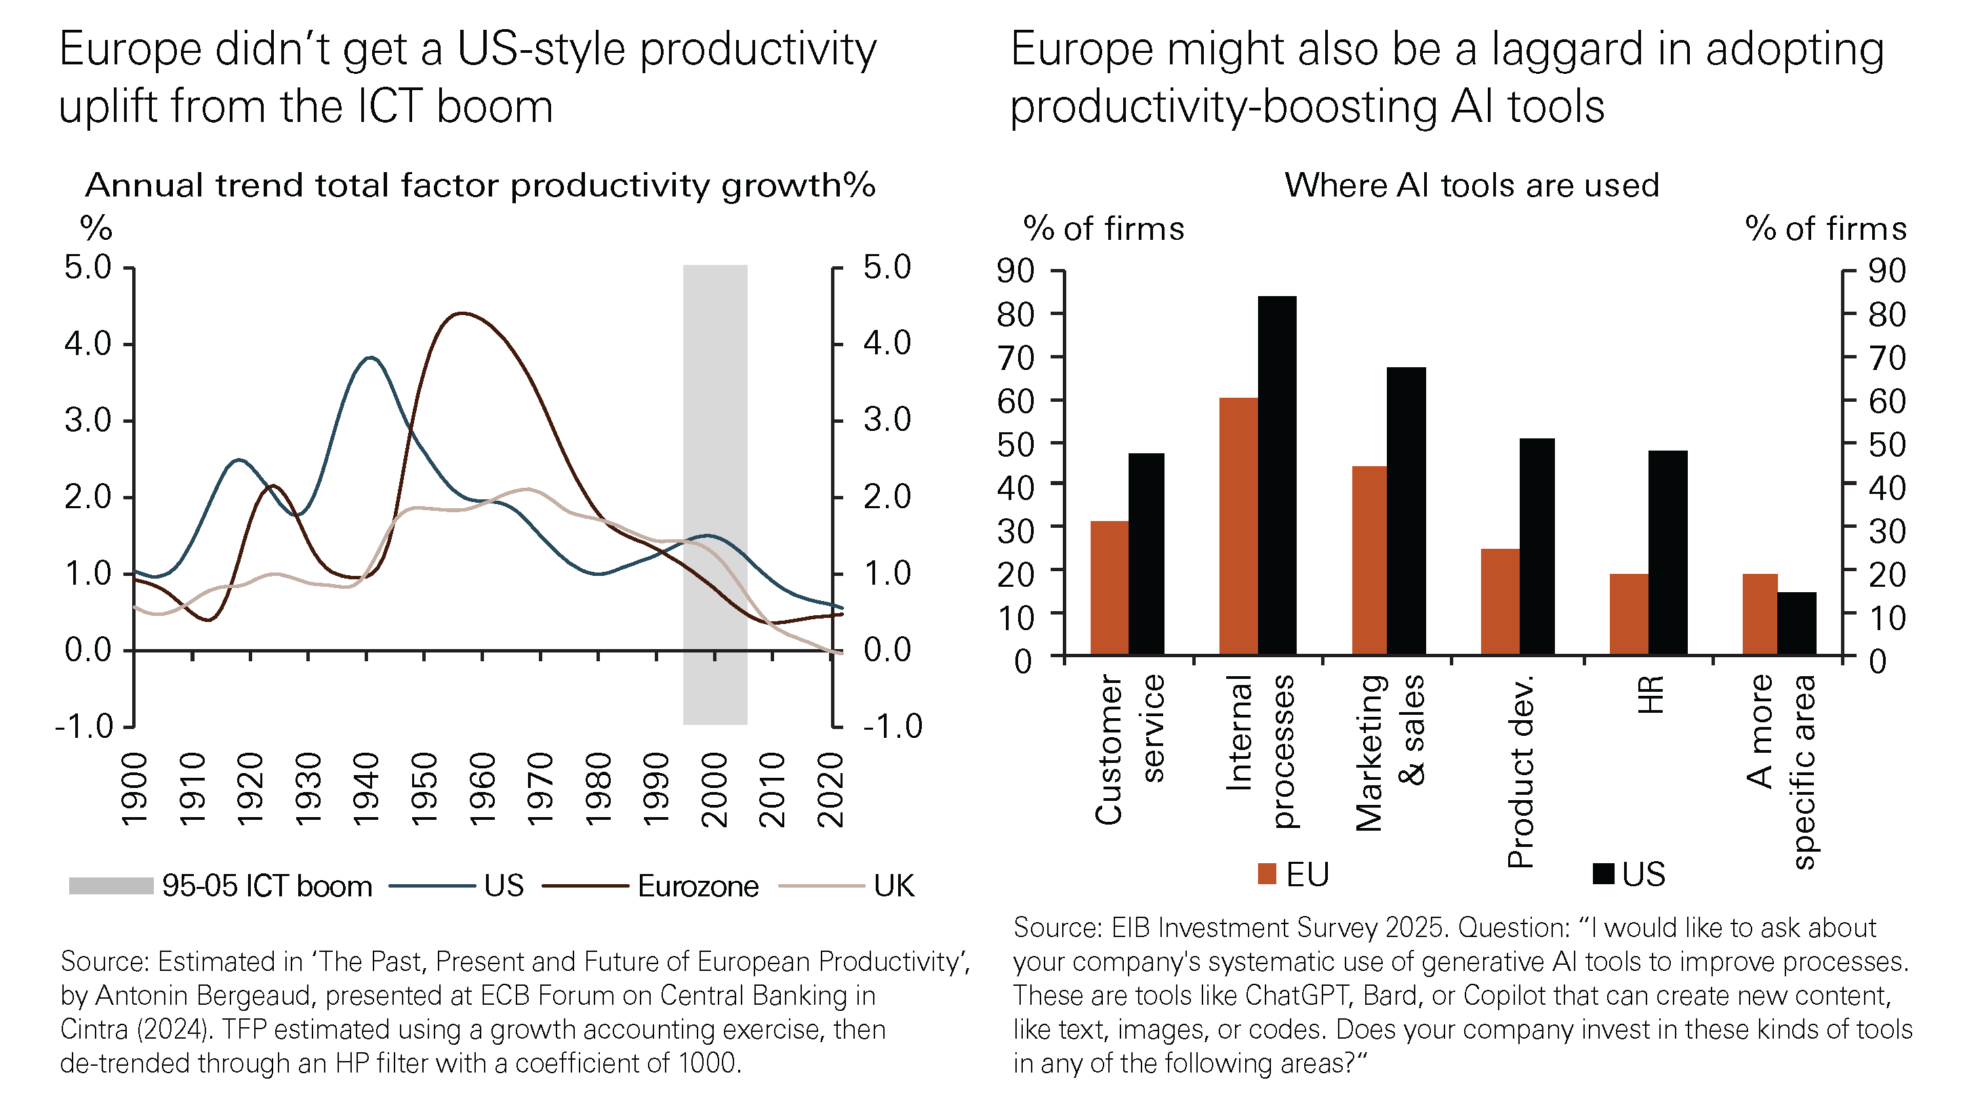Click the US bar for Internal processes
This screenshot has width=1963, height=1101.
[1276, 475]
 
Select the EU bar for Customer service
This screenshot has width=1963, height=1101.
[1109, 587]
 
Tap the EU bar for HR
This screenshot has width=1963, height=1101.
[1628, 613]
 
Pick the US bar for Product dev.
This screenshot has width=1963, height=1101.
[1536, 545]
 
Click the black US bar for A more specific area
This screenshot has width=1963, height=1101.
[1796, 623]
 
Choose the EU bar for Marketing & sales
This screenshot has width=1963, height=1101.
[1369, 560]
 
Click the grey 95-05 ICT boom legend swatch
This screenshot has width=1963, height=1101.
[111, 886]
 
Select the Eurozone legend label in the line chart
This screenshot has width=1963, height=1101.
[698, 886]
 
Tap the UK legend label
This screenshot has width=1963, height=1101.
[894, 886]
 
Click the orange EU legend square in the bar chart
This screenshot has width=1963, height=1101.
[1266, 874]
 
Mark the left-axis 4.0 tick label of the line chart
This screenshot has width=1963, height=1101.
[87, 344]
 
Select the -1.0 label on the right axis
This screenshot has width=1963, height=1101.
[892, 726]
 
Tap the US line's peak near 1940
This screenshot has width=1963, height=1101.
[370, 356]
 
